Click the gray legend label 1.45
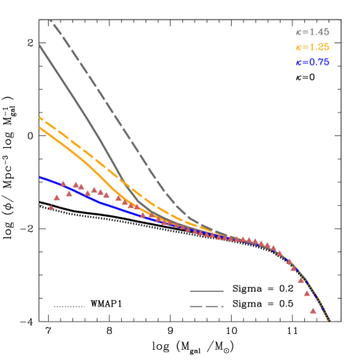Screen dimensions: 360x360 tap(312, 32)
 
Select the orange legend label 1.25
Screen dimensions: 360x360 tap(312, 47)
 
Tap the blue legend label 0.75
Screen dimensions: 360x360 tap(312, 62)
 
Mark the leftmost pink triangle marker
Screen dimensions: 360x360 tap(51, 208)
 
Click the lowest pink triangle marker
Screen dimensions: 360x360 tap(313, 310)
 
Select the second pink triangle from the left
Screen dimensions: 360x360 tap(57, 197)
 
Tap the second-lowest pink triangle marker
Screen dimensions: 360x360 tap(307, 293)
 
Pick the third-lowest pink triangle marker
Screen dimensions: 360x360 tap(301, 279)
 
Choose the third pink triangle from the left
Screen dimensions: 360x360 tap(63, 184)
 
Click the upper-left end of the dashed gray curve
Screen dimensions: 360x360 tap(50, 20)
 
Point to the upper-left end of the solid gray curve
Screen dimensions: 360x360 tap(39, 46)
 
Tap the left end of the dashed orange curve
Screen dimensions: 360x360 tap(40, 118)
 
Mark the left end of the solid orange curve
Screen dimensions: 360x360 tap(40, 127)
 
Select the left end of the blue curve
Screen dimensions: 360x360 tap(40, 177)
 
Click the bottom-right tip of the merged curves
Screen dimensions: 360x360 tap(329, 320)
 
